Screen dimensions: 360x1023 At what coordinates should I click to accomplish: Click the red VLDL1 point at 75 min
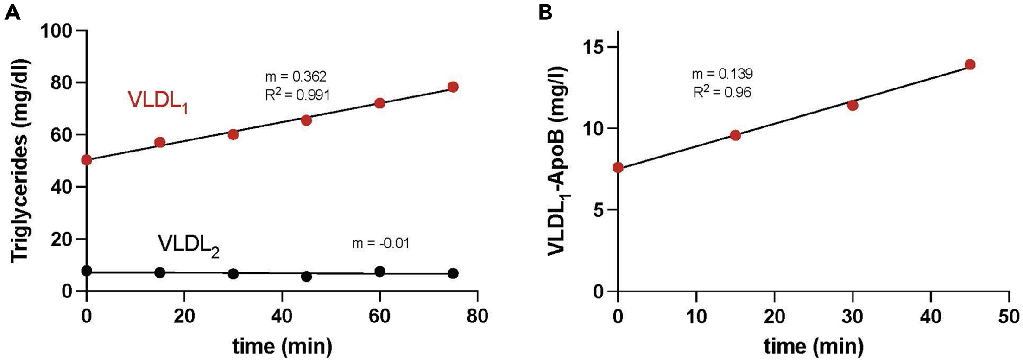pos(453,87)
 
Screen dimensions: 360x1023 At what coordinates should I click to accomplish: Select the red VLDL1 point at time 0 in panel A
pos(87,160)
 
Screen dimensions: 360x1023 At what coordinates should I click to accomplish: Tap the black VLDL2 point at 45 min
pos(306,277)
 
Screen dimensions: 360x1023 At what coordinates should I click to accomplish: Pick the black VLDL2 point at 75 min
pos(453,273)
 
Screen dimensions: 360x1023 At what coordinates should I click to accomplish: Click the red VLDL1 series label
pos(158,101)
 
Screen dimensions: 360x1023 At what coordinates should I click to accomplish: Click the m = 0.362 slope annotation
pos(296,76)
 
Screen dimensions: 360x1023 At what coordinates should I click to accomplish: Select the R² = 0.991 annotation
pos(297,95)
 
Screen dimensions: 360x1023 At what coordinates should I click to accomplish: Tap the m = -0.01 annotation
pos(380,243)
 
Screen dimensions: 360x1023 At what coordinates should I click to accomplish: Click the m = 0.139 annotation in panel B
pos(722,74)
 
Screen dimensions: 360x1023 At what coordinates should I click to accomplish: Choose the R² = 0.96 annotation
pos(722,92)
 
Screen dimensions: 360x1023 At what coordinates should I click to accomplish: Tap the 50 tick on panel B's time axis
pos(1009,316)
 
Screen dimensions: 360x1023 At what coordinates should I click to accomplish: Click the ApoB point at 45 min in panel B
pos(970,64)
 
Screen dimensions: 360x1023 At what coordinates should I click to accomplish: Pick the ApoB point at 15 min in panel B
pos(735,135)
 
